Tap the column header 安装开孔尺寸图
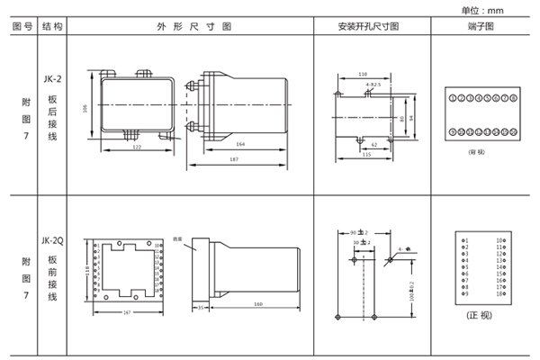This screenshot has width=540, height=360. [370, 27]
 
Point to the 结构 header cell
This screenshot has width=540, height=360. [53, 27]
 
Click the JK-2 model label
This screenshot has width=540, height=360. [53, 79]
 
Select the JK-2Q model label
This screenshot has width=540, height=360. [53, 240]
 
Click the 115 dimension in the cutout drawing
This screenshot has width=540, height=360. [366, 155]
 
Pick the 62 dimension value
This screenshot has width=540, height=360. [373, 144]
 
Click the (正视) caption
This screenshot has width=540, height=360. [480, 317]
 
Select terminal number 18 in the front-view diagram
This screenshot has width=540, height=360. [499, 294]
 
